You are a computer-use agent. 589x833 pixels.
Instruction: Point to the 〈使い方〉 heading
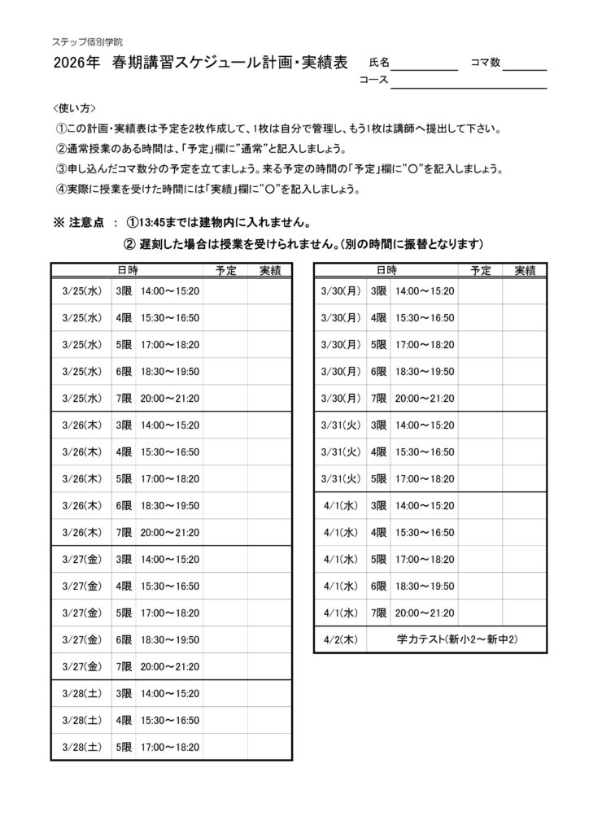[74, 108]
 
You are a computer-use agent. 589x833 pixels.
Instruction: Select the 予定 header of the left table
[225, 270]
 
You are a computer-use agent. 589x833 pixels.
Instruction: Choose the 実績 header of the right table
[525, 270]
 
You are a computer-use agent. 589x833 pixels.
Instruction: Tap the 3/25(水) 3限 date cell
[81, 290]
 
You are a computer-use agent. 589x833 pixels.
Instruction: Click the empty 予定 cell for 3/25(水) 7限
[225, 398]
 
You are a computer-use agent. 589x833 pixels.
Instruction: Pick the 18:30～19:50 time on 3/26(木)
[170, 505]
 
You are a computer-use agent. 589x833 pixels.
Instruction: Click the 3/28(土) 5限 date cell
[81, 747]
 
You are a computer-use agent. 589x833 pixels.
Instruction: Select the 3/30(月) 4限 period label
[378, 317]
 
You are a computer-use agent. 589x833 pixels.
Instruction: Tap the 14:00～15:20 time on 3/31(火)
[425, 425]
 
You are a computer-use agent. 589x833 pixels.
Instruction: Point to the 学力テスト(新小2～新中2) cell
[457, 639]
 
